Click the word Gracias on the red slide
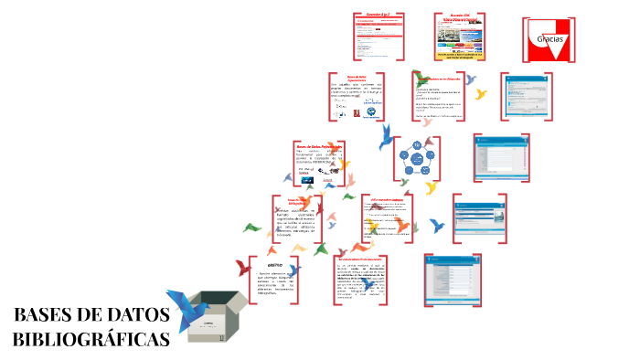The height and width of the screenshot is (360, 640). pos(550,40)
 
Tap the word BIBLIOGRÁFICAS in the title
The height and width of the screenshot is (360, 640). pos(92,339)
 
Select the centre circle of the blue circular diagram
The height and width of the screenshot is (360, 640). pos(419,160)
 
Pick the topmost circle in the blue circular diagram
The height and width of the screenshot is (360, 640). pos(419,145)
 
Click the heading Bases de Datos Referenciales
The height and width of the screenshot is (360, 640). pos(318,145)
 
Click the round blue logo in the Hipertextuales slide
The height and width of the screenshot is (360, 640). pos(371,113)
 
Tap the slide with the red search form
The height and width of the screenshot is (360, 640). pos(379,37)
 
